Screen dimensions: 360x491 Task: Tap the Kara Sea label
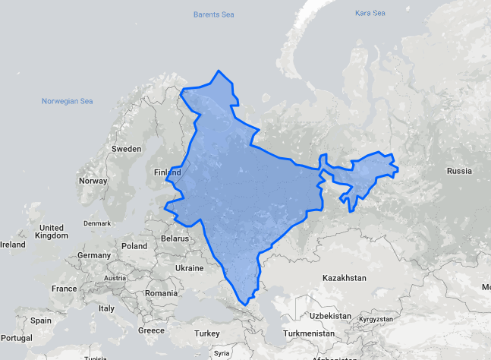[x=370, y=14]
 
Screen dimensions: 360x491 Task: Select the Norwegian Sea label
[x=67, y=101]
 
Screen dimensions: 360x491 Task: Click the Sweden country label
[x=127, y=149]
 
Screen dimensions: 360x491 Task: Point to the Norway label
[x=93, y=181]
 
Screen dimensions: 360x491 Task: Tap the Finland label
[x=168, y=172]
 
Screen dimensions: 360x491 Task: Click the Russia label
[x=459, y=171]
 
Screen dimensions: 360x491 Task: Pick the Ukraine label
[x=189, y=268]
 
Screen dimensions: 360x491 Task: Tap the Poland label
[x=134, y=246]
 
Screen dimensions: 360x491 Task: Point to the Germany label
[x=94, y=255]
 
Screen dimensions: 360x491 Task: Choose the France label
[x=64, y=289]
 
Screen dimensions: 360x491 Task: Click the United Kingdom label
[x=52, y=232]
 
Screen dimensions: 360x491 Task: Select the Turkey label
[x=206, y=333]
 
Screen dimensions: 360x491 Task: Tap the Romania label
[x=162, y=292]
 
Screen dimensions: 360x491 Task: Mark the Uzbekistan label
[x=329, y=315]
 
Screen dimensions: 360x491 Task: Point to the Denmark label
[x=97, y=223]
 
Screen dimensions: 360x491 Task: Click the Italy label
[x=105, y=308]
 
